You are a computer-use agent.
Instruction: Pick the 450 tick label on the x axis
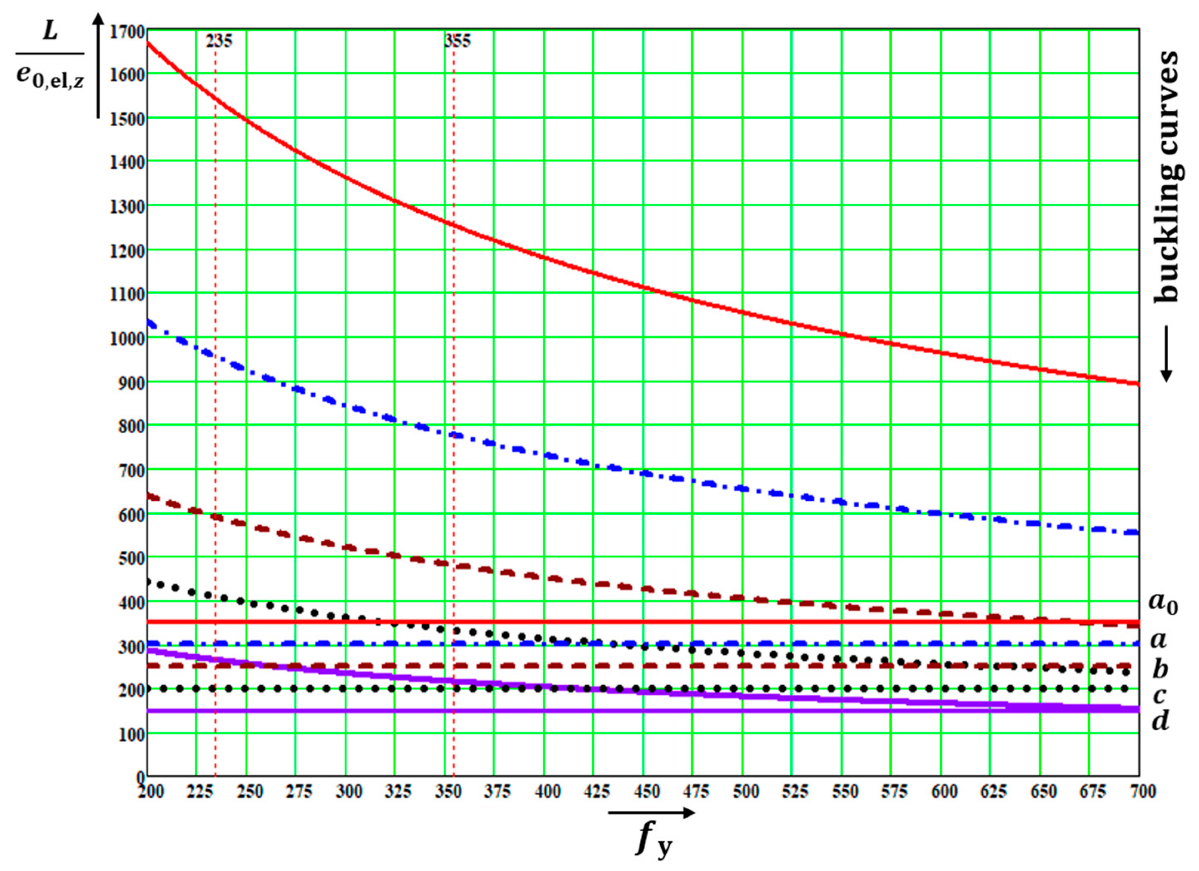click(x=646, y=792)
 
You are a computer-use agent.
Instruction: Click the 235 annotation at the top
click(x=218, y=41)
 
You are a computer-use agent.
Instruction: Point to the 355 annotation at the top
click(x=457, y=41)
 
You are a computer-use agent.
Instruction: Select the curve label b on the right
click(x=1160, y=669)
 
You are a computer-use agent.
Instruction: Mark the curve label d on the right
click(x=1160, y=720)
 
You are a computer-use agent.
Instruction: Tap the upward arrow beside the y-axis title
click(x=98, y=63)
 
